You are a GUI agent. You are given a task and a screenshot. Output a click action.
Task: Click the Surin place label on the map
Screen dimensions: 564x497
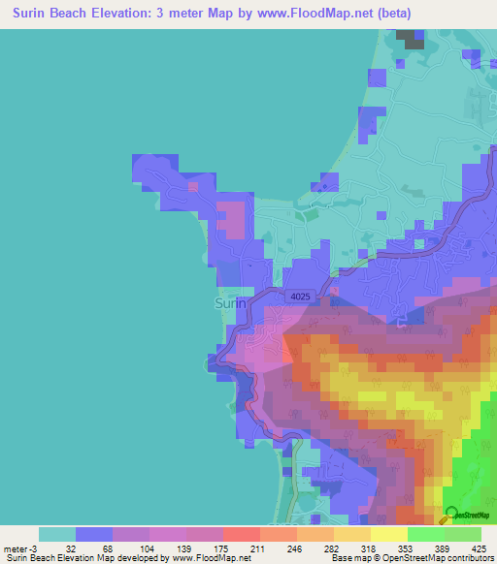tap(230, 303)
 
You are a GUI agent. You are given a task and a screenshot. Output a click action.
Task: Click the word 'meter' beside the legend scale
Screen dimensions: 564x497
tap(17, 548)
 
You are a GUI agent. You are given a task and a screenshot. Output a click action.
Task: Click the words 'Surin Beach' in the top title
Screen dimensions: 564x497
tap(54, 14)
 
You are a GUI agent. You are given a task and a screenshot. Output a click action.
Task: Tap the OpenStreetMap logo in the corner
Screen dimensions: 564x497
tap(466, 515)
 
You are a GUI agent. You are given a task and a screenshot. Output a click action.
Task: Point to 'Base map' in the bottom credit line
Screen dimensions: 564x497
tap(352, 558)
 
